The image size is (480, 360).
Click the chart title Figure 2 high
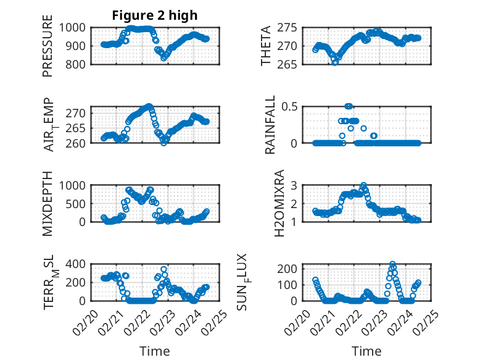coord(155,15)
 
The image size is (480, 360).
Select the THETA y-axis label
coord(266,46)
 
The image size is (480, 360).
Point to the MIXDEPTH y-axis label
coord(48,203)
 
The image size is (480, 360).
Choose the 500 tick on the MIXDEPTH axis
coord(80,203)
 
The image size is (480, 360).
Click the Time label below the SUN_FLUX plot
coord(366,351)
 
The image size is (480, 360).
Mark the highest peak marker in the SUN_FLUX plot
coord(392,264)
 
